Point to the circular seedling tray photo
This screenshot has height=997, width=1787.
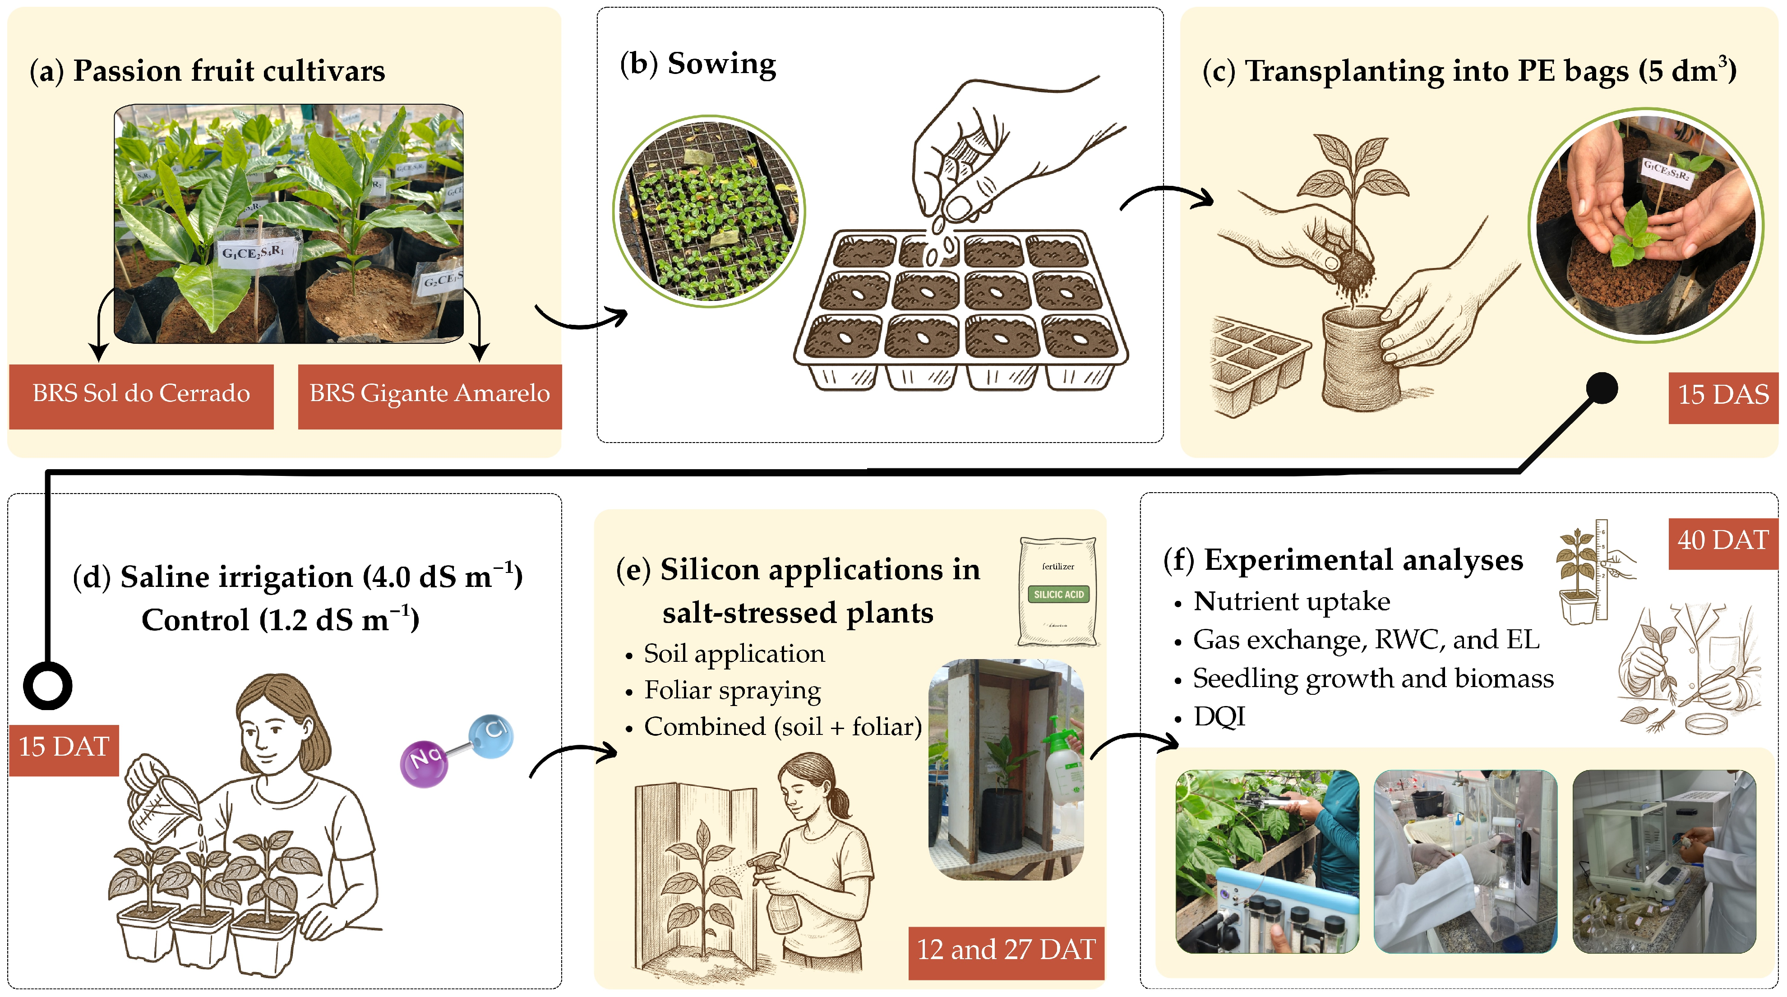(x=709, y=212)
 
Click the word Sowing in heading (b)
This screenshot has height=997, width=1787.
(x=721, y=64)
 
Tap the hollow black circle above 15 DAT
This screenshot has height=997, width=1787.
(x=48, y=685)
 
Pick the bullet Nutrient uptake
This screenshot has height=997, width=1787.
(x=1291, y=601)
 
